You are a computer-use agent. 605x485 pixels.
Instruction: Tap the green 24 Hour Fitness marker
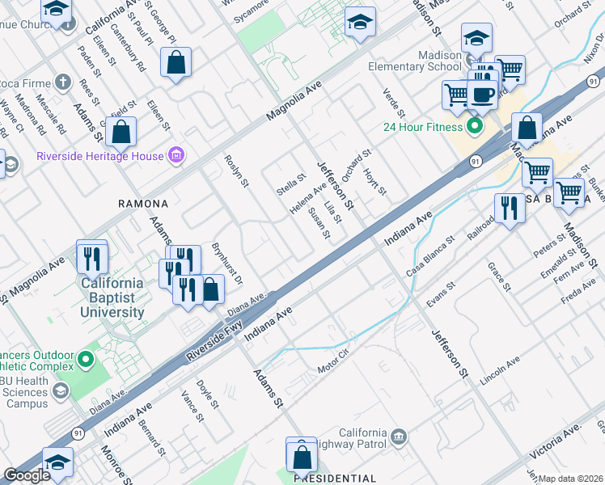tap(474, 127)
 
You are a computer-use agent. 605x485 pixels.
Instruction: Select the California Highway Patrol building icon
tap(398, 437)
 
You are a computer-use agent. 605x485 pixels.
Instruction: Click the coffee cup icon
tap(484, 95)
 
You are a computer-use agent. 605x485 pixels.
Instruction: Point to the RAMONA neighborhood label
tap(142, 205)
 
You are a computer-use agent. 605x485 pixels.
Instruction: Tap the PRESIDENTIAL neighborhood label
tap(334, 479)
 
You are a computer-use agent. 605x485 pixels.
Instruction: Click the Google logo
tap(27, 475)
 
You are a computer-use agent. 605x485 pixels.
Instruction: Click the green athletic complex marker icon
tap(87, 356)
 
